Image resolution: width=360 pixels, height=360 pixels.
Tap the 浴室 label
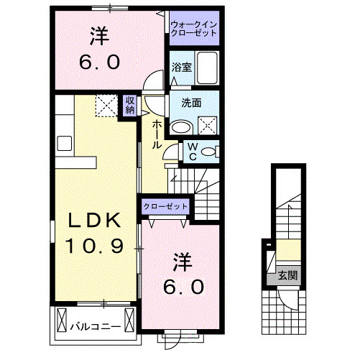[181, 68]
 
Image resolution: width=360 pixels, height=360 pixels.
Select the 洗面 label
[182, 102]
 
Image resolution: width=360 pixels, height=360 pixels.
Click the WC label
[192, 151]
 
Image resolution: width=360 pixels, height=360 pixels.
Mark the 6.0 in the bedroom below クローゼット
[185, 286]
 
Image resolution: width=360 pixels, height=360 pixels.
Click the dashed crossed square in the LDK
[107, 107]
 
